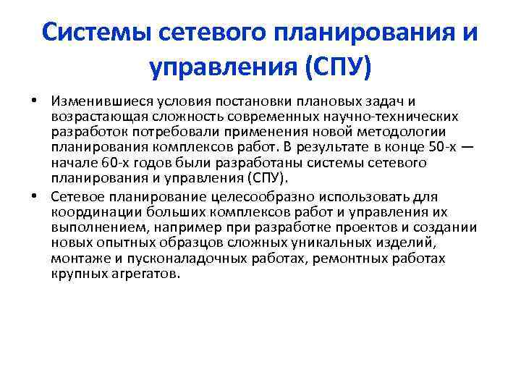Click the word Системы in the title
(93, 33)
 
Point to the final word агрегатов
(150, 275)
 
